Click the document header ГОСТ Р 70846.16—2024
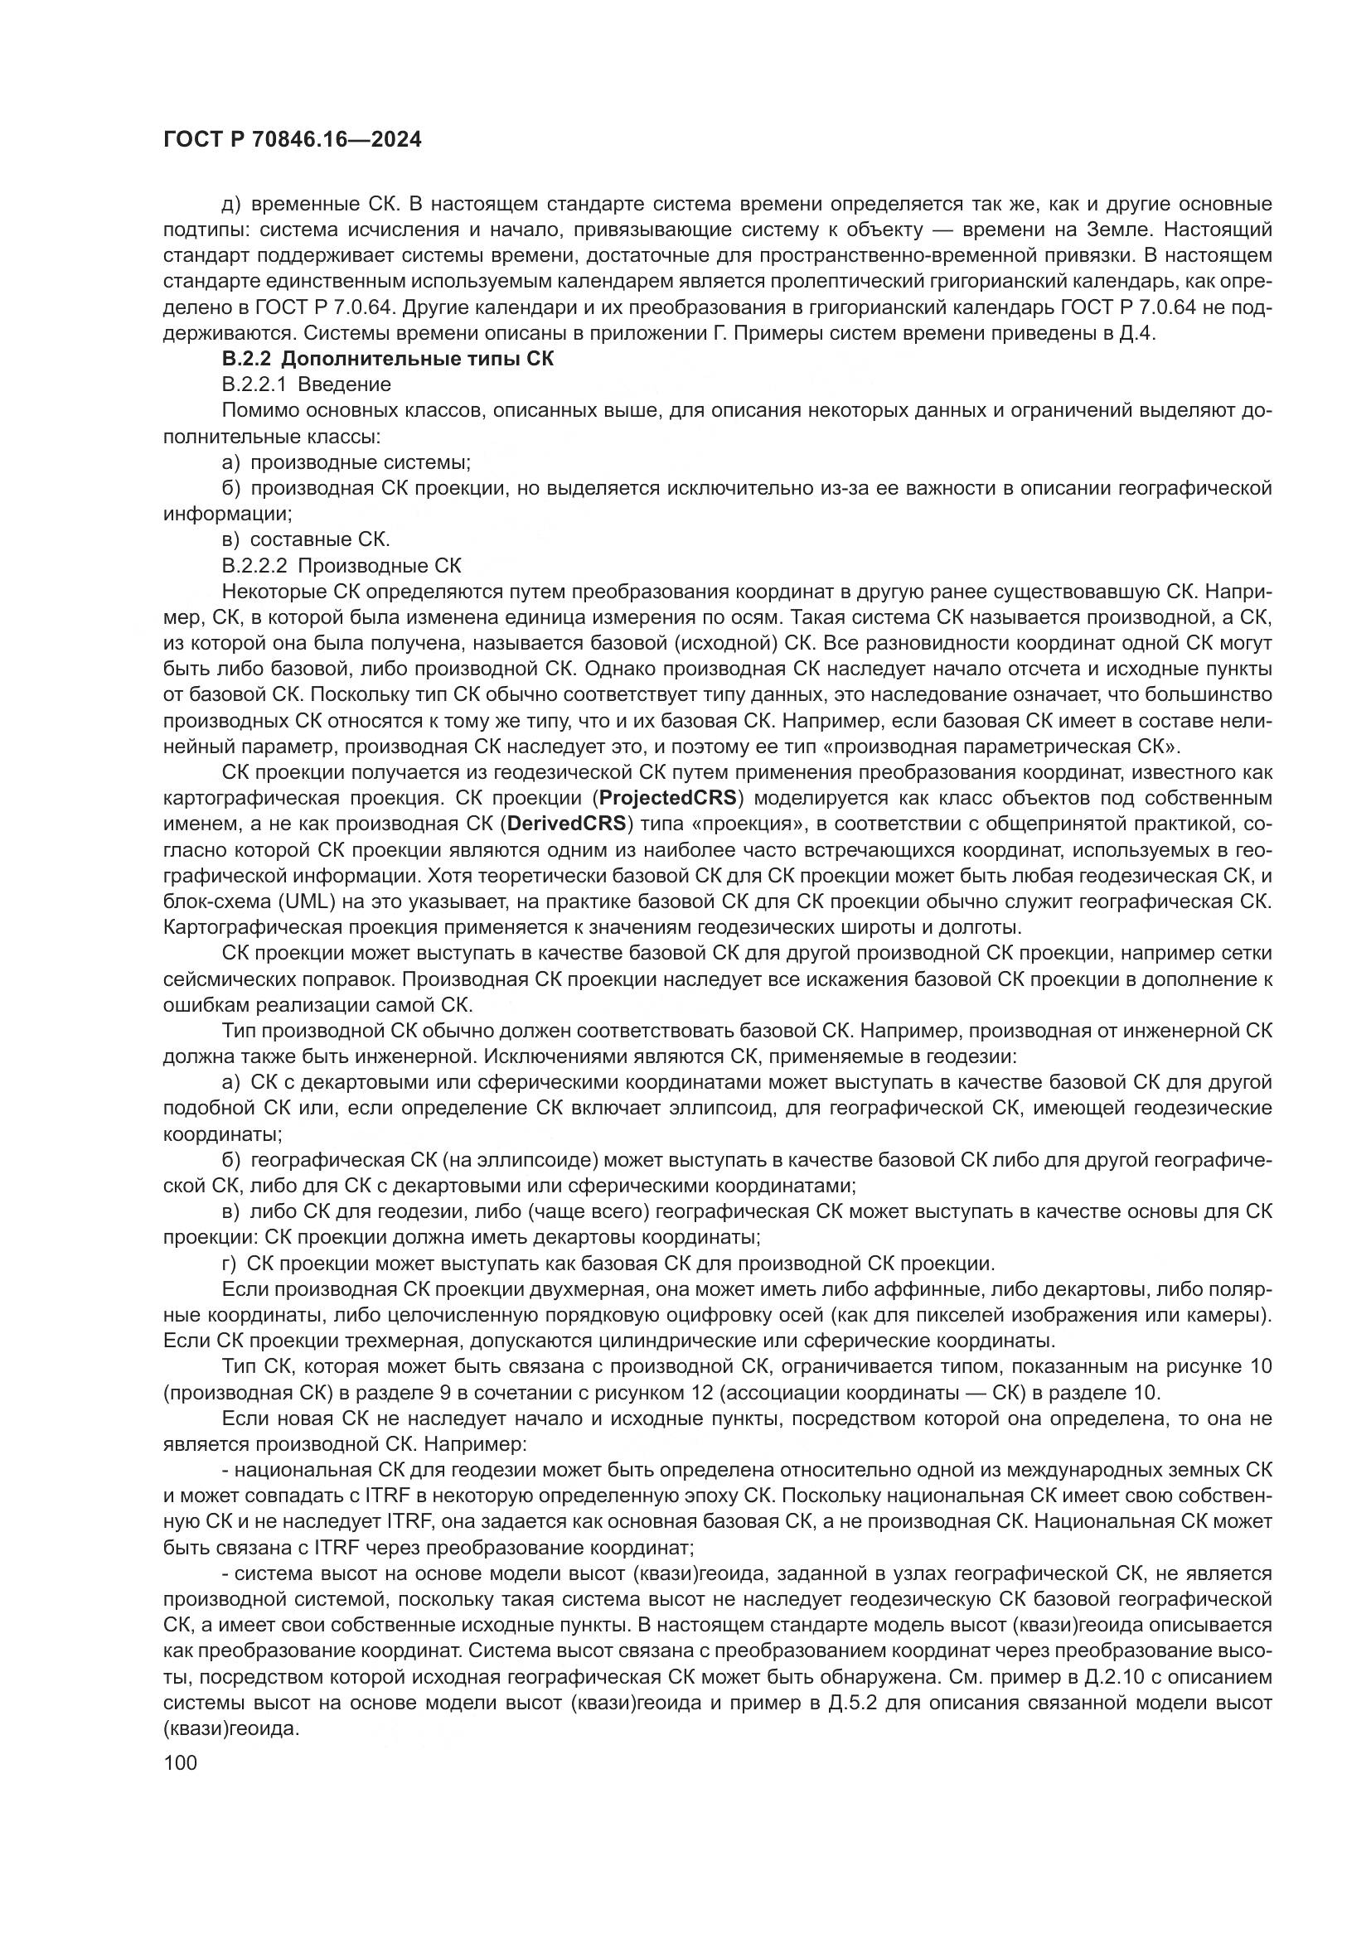(x=292, y=140)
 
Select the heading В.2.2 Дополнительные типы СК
(x=387, y=359)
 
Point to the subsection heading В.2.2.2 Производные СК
(x=341, y=566)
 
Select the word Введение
(x=356, y=385)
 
